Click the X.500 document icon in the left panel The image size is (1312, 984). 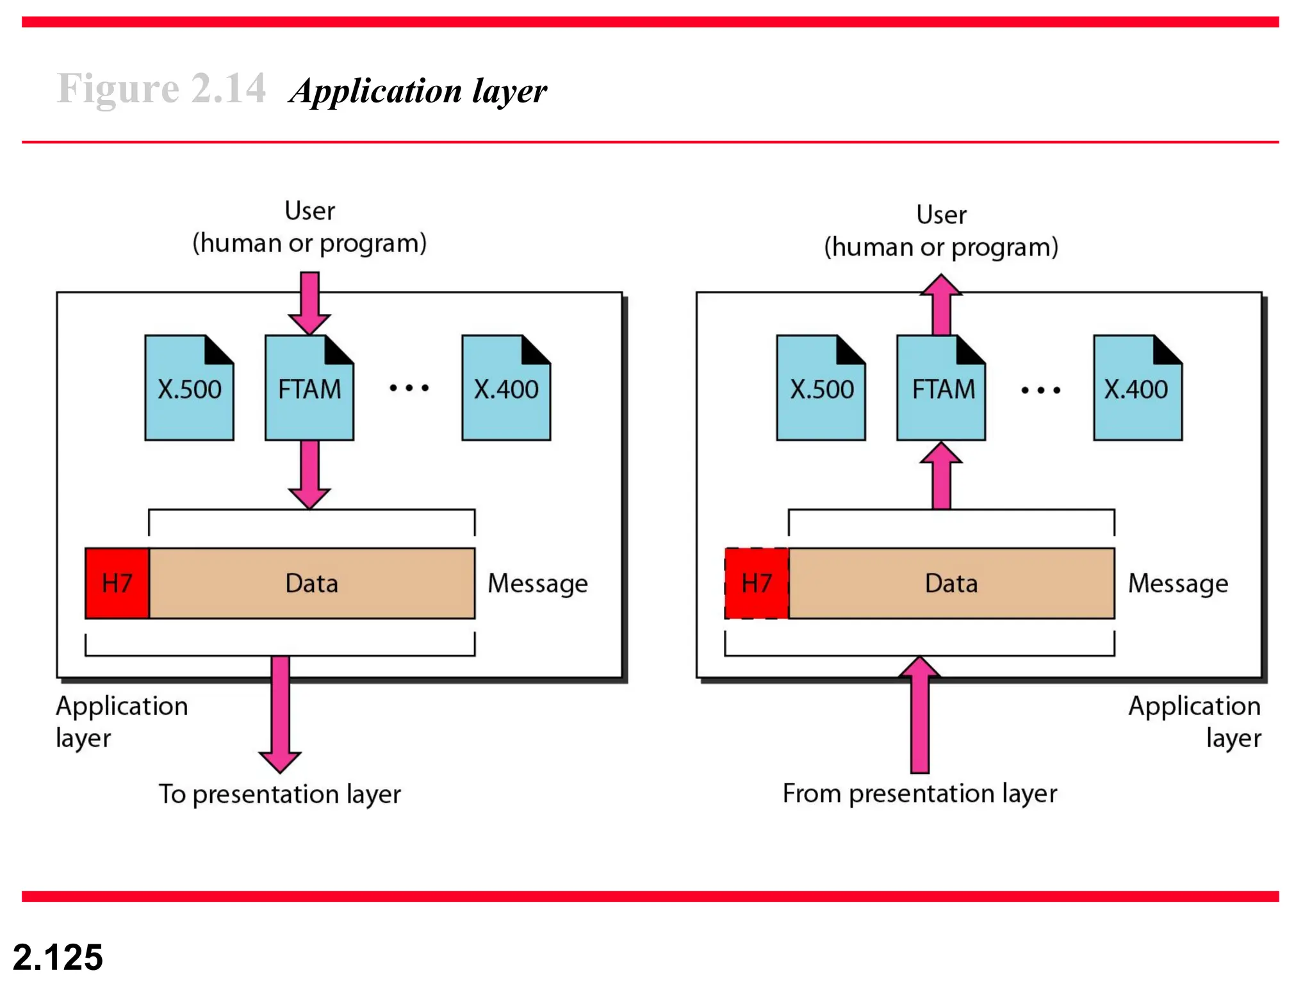(x=189, y=388)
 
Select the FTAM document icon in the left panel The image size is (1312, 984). (x=309, y=388)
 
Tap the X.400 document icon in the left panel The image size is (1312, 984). (x=506, y=388)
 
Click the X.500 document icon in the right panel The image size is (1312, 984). (x=821, y=388)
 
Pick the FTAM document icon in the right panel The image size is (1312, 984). (x=941, y=388)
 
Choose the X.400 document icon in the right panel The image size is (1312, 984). (x=1138, y=388)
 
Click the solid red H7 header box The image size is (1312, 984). (x=117, y=583)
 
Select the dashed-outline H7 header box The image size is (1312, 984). (x=757, y=583)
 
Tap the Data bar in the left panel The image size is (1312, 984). (x=312, y=583)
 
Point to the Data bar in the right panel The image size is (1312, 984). (x=951, y=583)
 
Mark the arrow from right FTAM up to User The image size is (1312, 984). (x=941, y=304)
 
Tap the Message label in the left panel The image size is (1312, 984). (x=537, y=584)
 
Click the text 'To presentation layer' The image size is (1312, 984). (x=280, y=794)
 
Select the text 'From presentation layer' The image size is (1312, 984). (x=919, y=794)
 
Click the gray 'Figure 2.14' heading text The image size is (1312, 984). (x=161, y=88)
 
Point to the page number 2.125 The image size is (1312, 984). (x=58, y=957)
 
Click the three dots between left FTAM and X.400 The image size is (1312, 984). (x=409, y=388)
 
